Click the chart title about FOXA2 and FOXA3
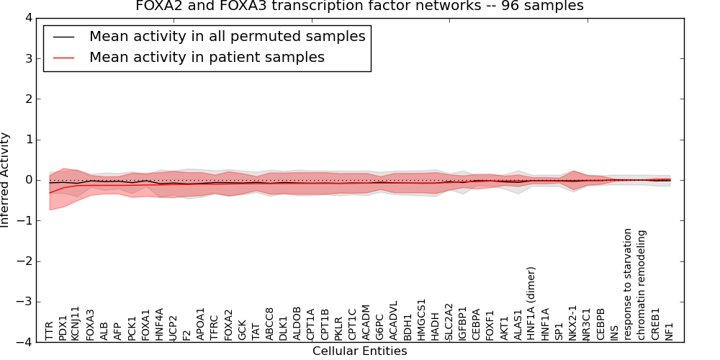pos(359,6)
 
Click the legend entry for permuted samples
pos(227,36)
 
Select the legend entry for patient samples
pos(207,57)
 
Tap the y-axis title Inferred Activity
pos(6,180)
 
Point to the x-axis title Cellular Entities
pos(359,351)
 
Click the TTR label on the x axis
pos(49,331)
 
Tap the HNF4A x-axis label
pos(160,324)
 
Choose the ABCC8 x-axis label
pos(270,323)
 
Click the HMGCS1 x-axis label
pos(422,319)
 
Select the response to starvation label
pos(628,284)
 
